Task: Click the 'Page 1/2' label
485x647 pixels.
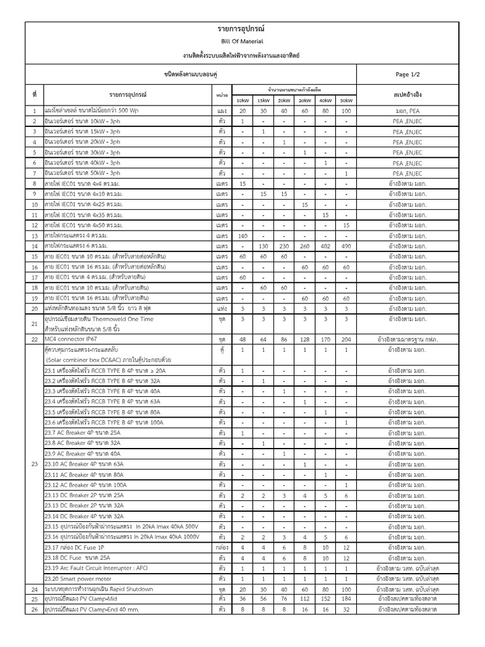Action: (407, 74)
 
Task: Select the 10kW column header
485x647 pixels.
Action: (242, 100)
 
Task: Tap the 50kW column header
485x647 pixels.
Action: (346, 100)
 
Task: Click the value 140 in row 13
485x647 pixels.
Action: (242, 235)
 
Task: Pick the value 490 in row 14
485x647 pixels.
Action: (346, 246)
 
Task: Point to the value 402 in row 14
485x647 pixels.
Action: (325, 246)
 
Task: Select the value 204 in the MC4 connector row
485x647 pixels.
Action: (346, 339)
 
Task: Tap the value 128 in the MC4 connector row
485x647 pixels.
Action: (304, 339)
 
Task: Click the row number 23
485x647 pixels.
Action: (34, 464)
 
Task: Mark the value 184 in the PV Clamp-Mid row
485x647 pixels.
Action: (346, 599)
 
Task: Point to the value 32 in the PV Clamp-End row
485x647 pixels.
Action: (346, 610)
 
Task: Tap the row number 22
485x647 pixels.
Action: (34, 339)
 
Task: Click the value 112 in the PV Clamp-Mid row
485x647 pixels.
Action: (304, 599)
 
